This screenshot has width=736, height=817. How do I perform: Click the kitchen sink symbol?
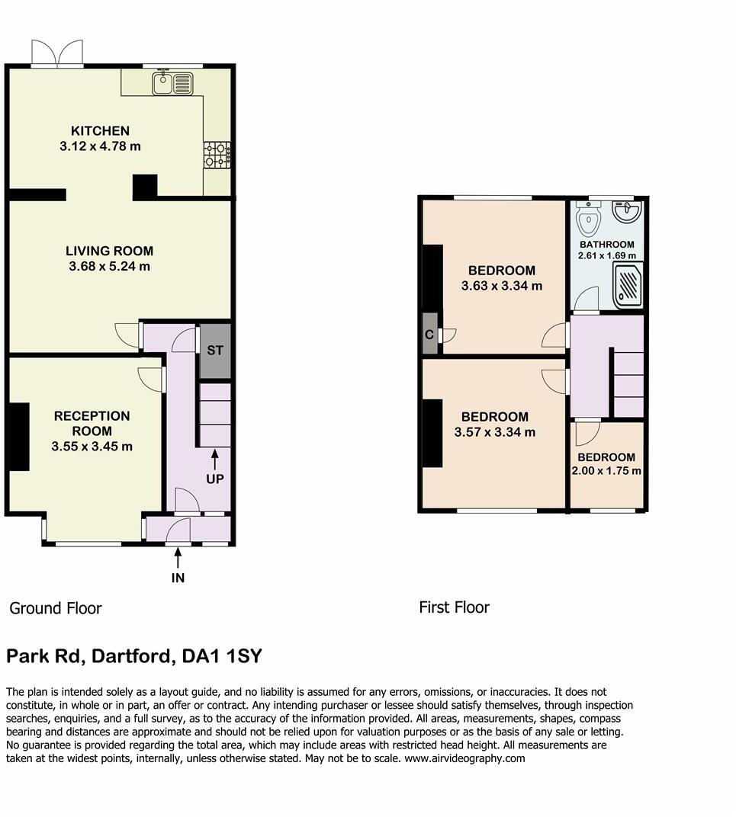(174, 82)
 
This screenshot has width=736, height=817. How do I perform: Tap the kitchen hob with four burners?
(217, 155)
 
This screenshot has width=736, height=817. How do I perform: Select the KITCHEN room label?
(100, 130)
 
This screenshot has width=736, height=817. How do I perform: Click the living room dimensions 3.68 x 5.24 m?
(109, 267)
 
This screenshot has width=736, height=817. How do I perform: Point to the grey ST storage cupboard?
(214, 351)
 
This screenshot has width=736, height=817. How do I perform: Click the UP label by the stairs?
(214, 479)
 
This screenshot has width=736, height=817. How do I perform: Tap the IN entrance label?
(178, 578)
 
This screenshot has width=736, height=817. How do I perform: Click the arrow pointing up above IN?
(178, 559)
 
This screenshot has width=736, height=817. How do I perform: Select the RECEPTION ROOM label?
(92, 424)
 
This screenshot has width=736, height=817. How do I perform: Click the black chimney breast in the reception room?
(18, 437)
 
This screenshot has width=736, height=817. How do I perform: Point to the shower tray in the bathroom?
(628, 285)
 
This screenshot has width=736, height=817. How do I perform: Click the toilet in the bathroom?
(589, 219)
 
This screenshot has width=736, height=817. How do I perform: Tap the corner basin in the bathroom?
(628, 211)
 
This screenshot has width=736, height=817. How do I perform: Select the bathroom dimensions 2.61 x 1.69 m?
(606, 255)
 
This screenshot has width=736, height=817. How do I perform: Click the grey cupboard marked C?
(430, 334)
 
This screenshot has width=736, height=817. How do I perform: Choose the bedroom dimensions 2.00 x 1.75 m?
(606, 471)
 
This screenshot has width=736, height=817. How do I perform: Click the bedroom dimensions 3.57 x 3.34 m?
(494, 432)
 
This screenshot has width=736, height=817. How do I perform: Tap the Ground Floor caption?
(55, 608)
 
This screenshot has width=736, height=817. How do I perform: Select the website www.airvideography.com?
(464, 758)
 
